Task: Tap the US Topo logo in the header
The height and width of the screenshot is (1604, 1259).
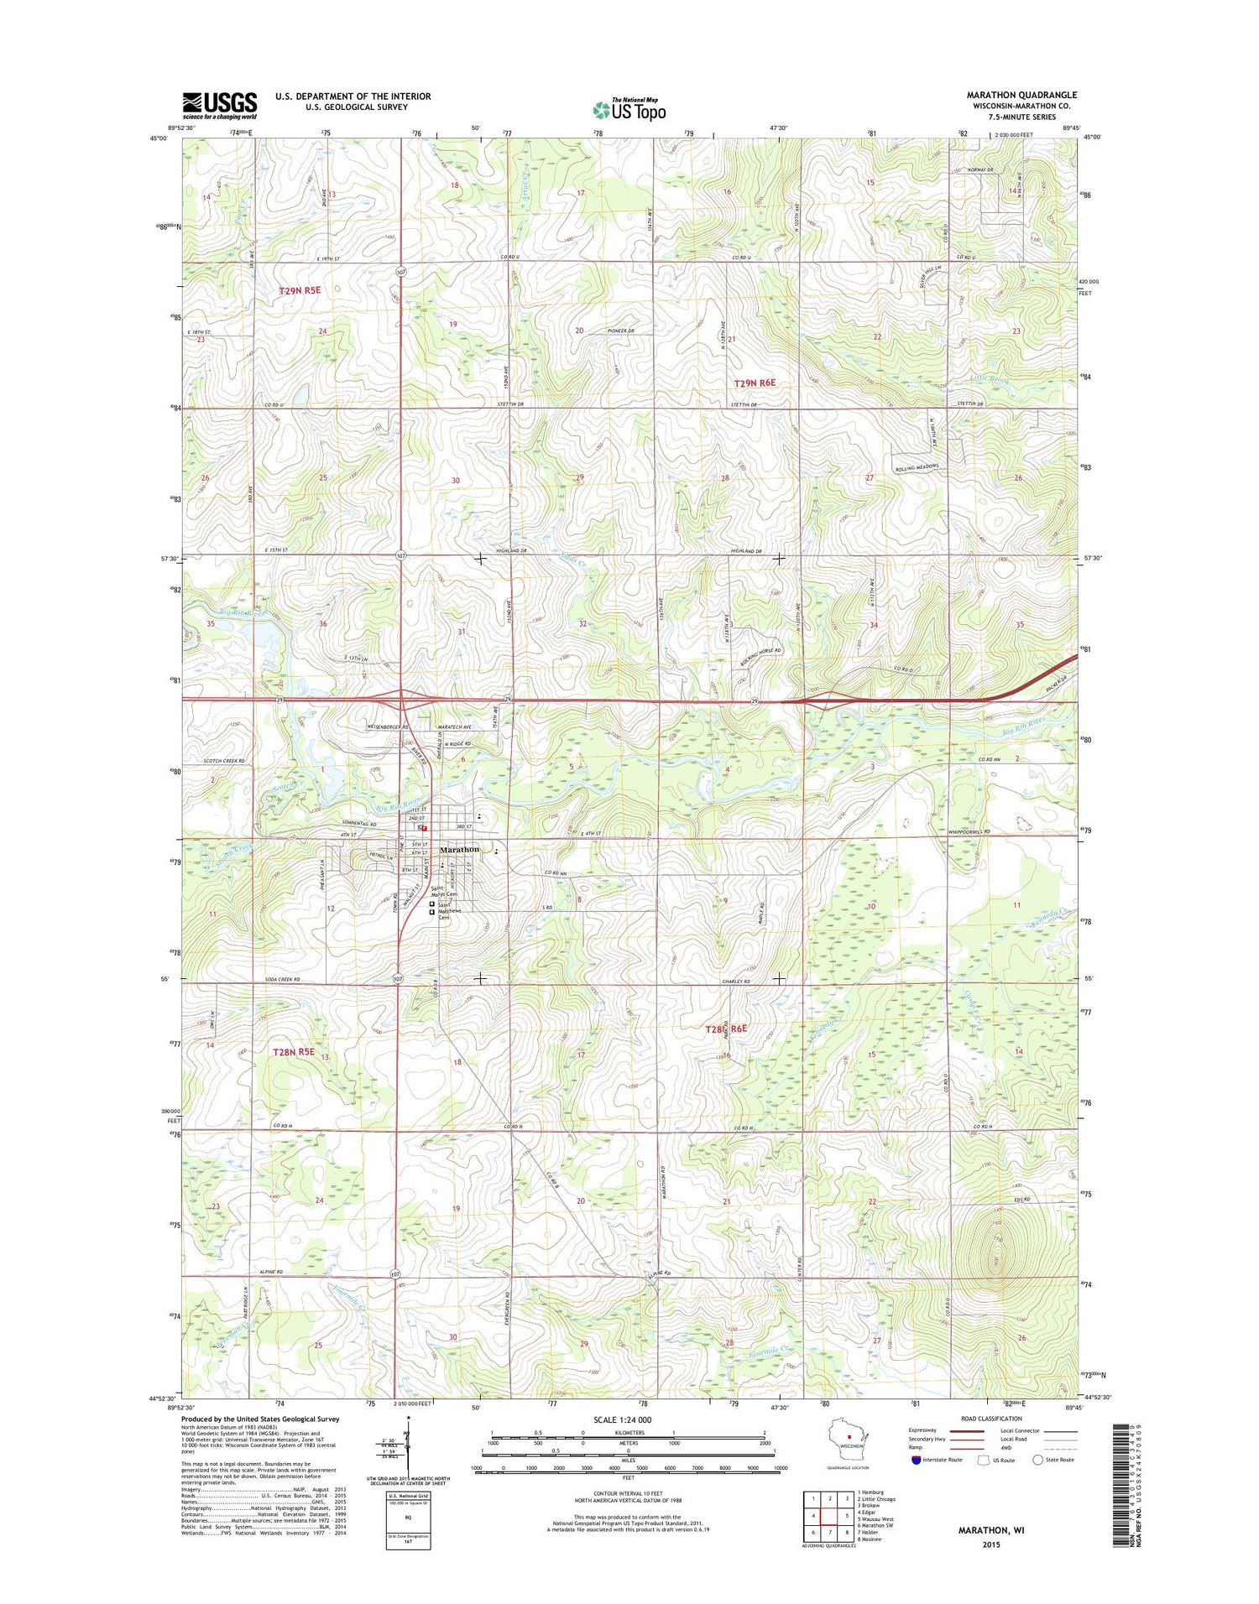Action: click(x=629, y=109)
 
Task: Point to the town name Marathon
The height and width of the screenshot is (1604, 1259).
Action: click(x=459, y=849)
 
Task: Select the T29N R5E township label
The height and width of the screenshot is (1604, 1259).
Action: click(x=300, y=290)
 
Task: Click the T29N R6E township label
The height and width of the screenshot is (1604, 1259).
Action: click(x=755, y=383)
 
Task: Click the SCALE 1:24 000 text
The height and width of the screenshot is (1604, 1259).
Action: click(x=622, y=1419)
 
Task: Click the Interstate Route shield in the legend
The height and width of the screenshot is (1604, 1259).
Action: click(x=917, y=1460)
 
